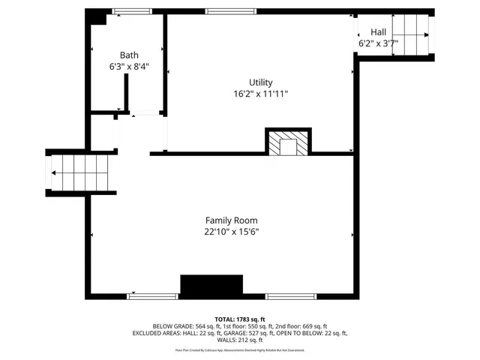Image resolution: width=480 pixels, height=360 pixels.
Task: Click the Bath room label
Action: (129, 55)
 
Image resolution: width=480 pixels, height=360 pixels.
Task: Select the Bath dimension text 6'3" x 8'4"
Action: (129, 66)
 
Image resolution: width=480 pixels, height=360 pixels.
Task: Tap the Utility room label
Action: (260, 82)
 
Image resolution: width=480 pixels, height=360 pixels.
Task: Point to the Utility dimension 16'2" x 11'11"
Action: (260, 94)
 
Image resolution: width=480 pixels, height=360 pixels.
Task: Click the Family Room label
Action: (231, 220)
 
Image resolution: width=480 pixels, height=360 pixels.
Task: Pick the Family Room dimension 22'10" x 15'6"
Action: (231, 232)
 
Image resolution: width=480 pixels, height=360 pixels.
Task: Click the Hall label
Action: (378, 32)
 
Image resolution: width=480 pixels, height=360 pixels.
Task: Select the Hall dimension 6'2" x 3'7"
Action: (377, 43)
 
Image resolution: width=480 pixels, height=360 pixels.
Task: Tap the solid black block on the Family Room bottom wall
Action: (211, 286)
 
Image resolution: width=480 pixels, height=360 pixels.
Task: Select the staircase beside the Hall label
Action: (412, 35)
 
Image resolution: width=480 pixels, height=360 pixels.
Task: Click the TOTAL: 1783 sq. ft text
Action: (240, 319)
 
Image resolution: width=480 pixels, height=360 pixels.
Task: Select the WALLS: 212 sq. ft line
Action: (240, 340)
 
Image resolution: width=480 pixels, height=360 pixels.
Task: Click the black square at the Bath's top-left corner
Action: (96, 16)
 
